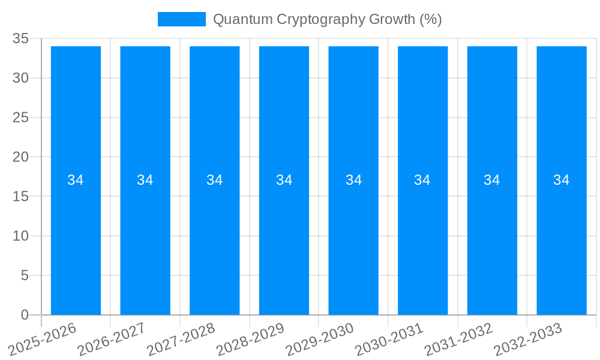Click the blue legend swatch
click(181, 19)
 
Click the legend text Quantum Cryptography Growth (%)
click(327, 19)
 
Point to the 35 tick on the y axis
click(20, 38)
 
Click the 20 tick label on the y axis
click(20, 157)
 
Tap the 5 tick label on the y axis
click(25, 275)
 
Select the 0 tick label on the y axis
click(25, 315)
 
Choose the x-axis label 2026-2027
click(112, 338)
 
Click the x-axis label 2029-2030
click(320, 338)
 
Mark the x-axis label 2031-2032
click(459, 338)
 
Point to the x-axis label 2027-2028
click(181, 338)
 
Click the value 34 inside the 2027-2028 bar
click(214, 180)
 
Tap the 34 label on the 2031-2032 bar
click(492, 180)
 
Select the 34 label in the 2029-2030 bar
click(353, 180)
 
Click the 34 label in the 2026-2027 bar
click(145, 180)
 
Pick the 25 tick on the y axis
click(20, 118)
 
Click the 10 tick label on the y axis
click(20, 236)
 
